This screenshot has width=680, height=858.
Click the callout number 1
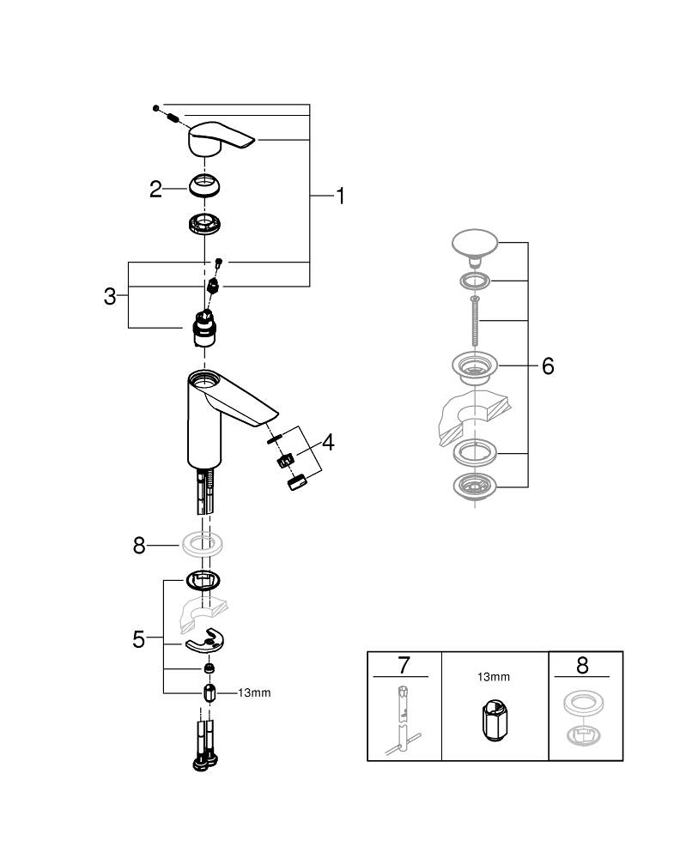click(340, 196)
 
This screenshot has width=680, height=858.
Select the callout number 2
click(155, 189)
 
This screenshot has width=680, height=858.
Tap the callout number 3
click(110, 297)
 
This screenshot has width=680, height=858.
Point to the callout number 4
click(328, 443)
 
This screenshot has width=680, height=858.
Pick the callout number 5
click(138, 639)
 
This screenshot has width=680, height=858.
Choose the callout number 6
click(547, 366)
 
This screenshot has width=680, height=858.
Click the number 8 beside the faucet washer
click(139, 545)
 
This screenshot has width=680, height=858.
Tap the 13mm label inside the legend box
click(494, 677)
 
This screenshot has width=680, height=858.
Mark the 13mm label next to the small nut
click(254, 692)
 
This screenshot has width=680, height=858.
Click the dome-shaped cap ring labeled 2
click(206, 186)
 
